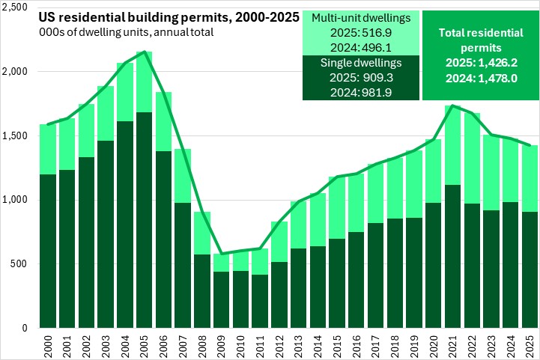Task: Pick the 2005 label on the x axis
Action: pos(145,345)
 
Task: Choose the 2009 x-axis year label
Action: pos(222,345)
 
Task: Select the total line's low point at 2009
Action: pos(222,254)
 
